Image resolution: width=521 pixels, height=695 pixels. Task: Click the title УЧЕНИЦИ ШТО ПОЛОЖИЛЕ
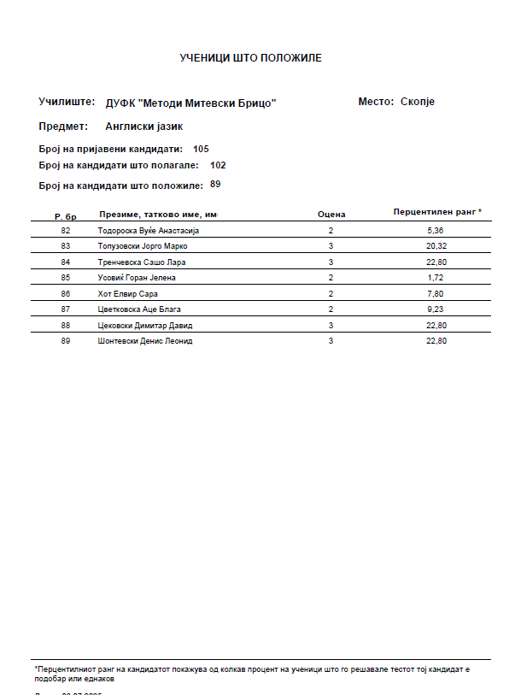(x=250, y=58)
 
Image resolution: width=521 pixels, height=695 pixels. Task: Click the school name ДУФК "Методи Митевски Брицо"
(x=190, y=103)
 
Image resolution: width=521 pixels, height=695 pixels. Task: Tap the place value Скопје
(x=418, y=102)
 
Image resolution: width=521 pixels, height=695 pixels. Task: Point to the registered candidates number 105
(x=201, y=149)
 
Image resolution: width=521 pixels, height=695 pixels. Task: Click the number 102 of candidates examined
(x=218, y=165)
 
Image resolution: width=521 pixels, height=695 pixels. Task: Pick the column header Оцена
(x=331, y=214)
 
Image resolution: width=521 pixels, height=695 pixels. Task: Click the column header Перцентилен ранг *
(x=437, y=210)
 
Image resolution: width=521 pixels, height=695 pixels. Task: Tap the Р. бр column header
(x=66, y=216)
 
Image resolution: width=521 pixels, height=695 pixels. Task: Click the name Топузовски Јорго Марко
(x=143, y=246)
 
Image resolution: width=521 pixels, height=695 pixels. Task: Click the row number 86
(x=66, y=293)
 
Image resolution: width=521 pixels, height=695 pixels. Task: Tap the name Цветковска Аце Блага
(x=140, y=309)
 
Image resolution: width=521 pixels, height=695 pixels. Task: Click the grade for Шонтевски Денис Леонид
(x=331, y=341)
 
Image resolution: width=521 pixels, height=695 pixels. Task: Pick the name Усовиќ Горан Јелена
(x=138, y=278)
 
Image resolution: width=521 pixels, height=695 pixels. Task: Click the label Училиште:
(x=66, y=102)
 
